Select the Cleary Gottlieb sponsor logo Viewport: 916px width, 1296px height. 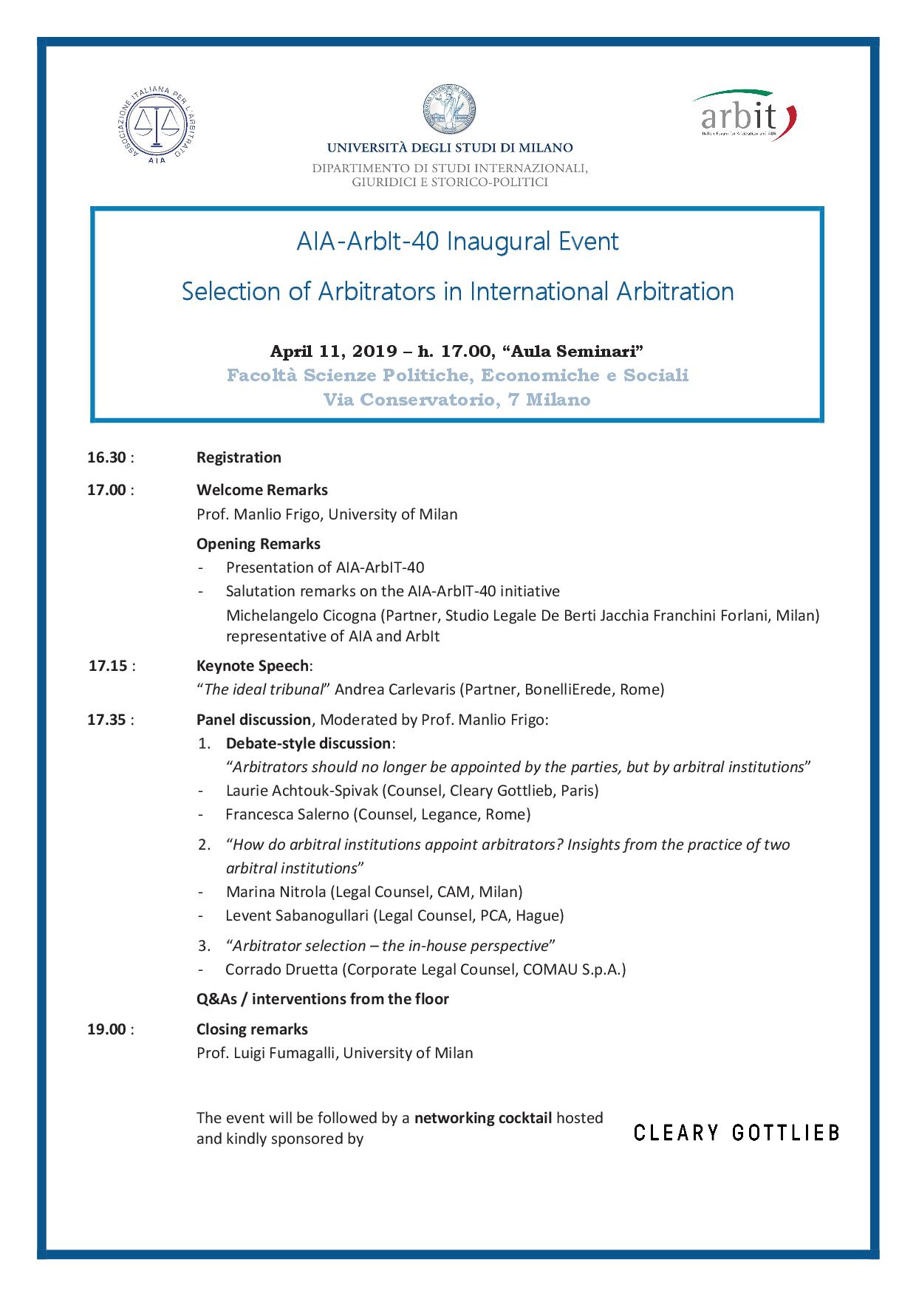(736, 1133)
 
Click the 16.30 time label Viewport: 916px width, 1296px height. (107, 457)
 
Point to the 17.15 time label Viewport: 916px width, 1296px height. (108, 666)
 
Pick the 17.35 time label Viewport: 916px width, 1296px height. (107, 720)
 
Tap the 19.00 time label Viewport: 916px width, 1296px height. (107, 1029)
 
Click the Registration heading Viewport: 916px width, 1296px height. (239, 457)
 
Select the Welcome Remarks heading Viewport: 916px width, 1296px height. (262, 490)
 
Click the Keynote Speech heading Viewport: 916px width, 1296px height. (253, 666)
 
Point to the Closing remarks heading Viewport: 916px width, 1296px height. (252, 1029)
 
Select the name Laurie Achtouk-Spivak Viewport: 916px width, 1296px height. (302, 791)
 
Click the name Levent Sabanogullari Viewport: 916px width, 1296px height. (297, 915)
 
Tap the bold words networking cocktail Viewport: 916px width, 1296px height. (483, 1118)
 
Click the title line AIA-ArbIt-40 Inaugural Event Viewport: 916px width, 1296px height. (457, 242)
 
